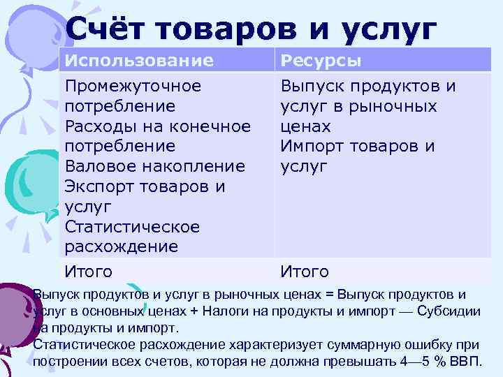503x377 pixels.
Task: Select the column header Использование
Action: [139, 61]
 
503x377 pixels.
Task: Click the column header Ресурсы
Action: [321, 61]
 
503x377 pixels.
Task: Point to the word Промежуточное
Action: [133, 86]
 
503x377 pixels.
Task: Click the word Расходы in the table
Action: [99, 126]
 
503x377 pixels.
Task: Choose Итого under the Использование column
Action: [88, 271]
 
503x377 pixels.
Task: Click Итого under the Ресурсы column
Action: [304, 271]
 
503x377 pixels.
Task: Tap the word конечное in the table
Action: [210, 126]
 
